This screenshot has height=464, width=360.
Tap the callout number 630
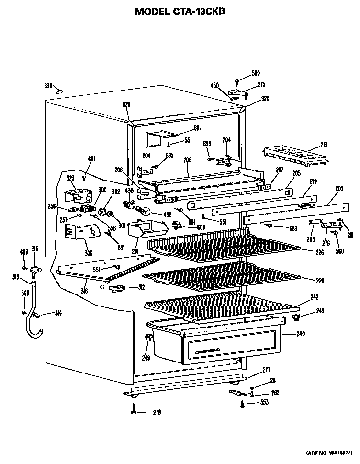[48, 86]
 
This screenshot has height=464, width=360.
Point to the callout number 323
[70, 178]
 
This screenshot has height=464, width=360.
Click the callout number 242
[314, 297]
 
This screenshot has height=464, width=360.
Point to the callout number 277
[266, 370]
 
